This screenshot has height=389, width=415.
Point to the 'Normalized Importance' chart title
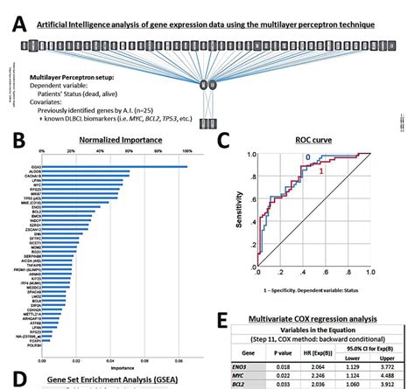click(x=114, y=138)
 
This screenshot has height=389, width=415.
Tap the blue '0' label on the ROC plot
click(x=308, y=158)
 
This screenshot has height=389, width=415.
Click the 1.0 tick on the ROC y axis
click(x=252, y=156)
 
